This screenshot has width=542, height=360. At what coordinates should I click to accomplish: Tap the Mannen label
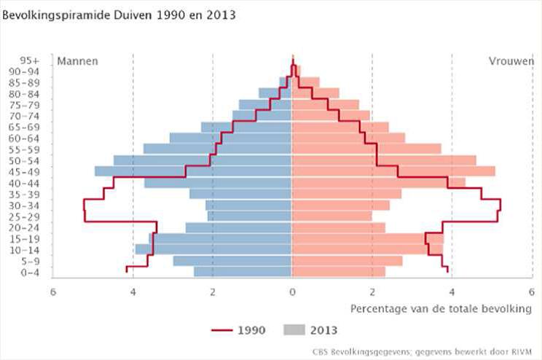[77, 61]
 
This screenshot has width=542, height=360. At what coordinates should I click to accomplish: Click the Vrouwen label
[511, 61]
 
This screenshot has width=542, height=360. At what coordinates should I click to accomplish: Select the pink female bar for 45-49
[393, 171]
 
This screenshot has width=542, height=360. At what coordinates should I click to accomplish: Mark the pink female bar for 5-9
[347, 261]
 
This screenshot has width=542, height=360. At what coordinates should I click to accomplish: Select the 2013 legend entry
[307, 330]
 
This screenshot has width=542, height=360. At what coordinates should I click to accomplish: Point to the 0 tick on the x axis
[292, 291]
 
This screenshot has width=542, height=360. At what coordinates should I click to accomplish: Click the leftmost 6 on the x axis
[53, 291]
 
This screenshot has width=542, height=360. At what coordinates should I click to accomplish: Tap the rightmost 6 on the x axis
[531, 291]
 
